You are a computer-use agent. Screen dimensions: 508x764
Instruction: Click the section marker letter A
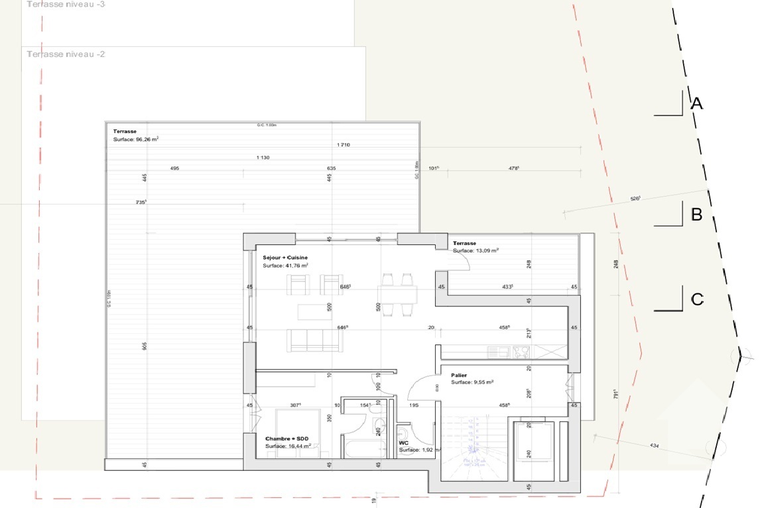pyautogui.click(x=696, y=104)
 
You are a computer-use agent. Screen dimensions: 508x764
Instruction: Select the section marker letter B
pyautogui.click(x=696, y=215)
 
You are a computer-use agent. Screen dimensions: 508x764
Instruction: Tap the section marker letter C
pyautogui.click(x=696, y=299)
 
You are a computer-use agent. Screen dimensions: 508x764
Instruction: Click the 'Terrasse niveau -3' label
pyautogui.click(x=66, y=5)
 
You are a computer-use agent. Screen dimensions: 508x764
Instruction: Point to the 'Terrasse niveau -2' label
pyautogui.click(x=66, y=54)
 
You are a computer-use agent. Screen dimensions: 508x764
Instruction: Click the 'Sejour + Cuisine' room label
pyautogui.click(x=285, y=257)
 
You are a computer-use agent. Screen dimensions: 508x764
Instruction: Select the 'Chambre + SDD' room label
pyautogui.click(x=286, y=439)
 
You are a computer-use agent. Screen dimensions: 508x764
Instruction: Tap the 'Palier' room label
pyautogui.click(x=459, y=375)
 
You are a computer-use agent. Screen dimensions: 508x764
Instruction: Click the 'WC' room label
pyautogui.click(x=403, y=443)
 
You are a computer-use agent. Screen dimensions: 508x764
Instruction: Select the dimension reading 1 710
pyautogui.click(x=343, y=144)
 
